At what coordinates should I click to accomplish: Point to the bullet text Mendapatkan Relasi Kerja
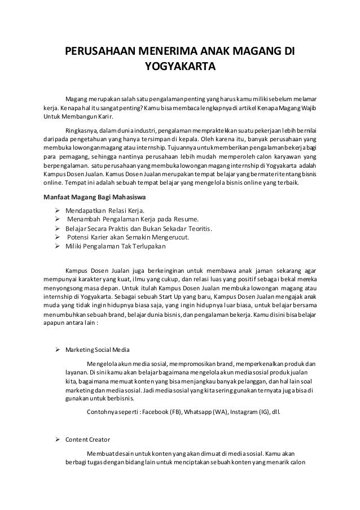coord(98,210)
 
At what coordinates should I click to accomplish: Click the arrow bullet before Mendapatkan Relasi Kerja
coord(56,210)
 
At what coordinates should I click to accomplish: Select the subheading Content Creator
coord(88,439)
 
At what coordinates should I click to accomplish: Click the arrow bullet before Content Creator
coord(56,439)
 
